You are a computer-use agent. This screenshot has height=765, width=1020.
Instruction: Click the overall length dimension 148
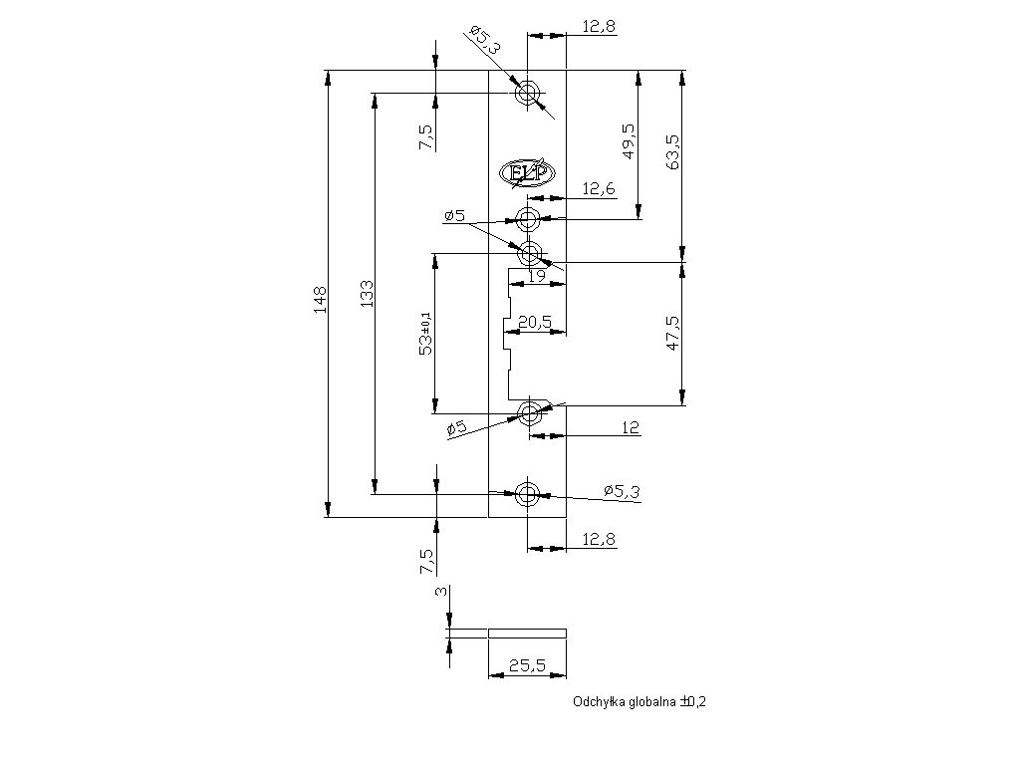320,299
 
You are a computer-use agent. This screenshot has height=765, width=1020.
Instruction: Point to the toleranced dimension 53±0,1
425,333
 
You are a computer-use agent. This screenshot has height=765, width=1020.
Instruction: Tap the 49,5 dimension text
629,141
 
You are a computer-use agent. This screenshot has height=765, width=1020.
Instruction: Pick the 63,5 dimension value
673,151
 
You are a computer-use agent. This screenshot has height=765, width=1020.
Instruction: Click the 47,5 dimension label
673,333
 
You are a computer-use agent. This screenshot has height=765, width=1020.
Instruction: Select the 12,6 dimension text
598,187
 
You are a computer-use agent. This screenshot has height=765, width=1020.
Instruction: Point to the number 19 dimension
536,276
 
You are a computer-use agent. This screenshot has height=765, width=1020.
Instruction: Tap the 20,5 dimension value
535,321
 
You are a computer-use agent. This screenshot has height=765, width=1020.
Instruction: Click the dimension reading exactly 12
630,427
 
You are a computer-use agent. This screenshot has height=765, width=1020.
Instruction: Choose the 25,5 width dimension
526,664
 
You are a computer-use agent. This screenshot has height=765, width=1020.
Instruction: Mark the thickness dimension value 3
440,592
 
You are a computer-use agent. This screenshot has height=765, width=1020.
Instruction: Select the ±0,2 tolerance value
692,701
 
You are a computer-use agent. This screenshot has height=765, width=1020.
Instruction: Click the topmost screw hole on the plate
527,94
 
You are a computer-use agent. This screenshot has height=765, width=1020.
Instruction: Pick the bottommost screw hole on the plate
527,493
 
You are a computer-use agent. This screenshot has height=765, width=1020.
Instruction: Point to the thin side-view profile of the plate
527,632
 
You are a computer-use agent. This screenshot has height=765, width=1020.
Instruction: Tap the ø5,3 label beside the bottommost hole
622,490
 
